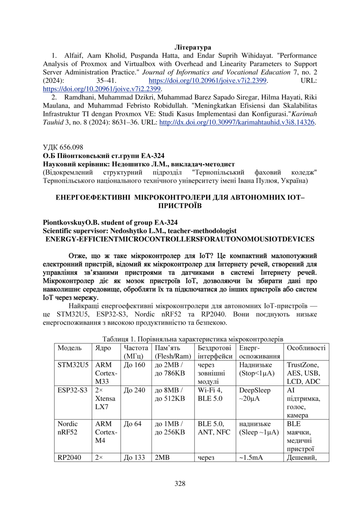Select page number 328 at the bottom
[x=180, y=483]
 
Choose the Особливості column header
[x=306, y=348]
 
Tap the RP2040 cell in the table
[x=69, y=458]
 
